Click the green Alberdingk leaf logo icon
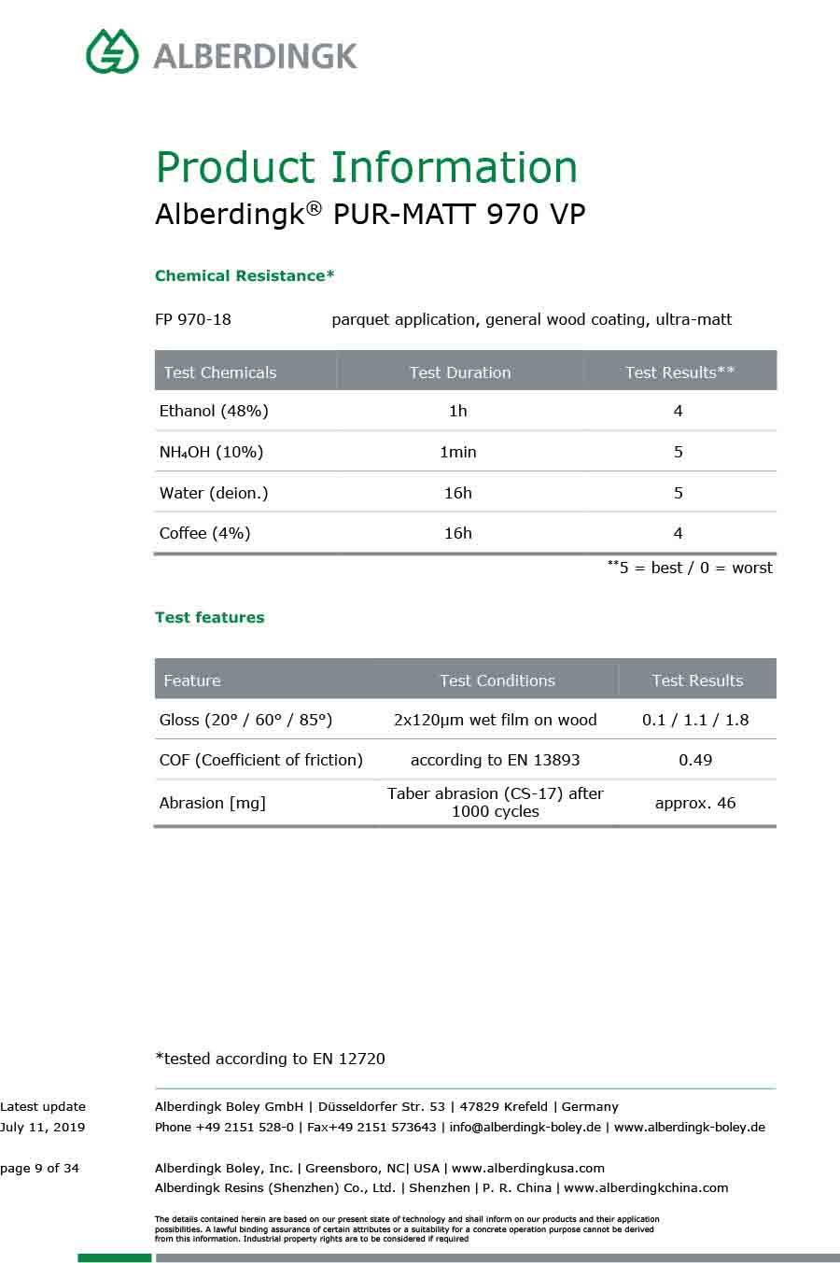click(x=112, y=51)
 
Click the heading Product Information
click(x=366, y=167)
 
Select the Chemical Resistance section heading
click(x=245, y=275)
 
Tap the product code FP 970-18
click(x=193, y=319)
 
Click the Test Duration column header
click(x=460, y=372)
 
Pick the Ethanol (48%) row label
click(x=214, y=411)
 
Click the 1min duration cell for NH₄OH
click(x=458, y=452)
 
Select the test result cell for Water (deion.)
click(x=679, y=493)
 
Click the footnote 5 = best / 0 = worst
click(x=691, y=568)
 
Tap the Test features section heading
click(x=210, y=617)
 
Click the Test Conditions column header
click(x=497, y=681)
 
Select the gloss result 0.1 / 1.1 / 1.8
click(x=695, y=720)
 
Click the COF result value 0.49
click(x=695, y=760)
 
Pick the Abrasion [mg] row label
click(x=213, y=803)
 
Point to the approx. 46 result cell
click(x=695, y=803)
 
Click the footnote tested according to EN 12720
click(x=270, y=1059)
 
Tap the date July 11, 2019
click(x=43, y=1127)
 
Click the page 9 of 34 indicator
click(x=40, y=1168)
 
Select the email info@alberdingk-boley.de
click(x=525, y=1127)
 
